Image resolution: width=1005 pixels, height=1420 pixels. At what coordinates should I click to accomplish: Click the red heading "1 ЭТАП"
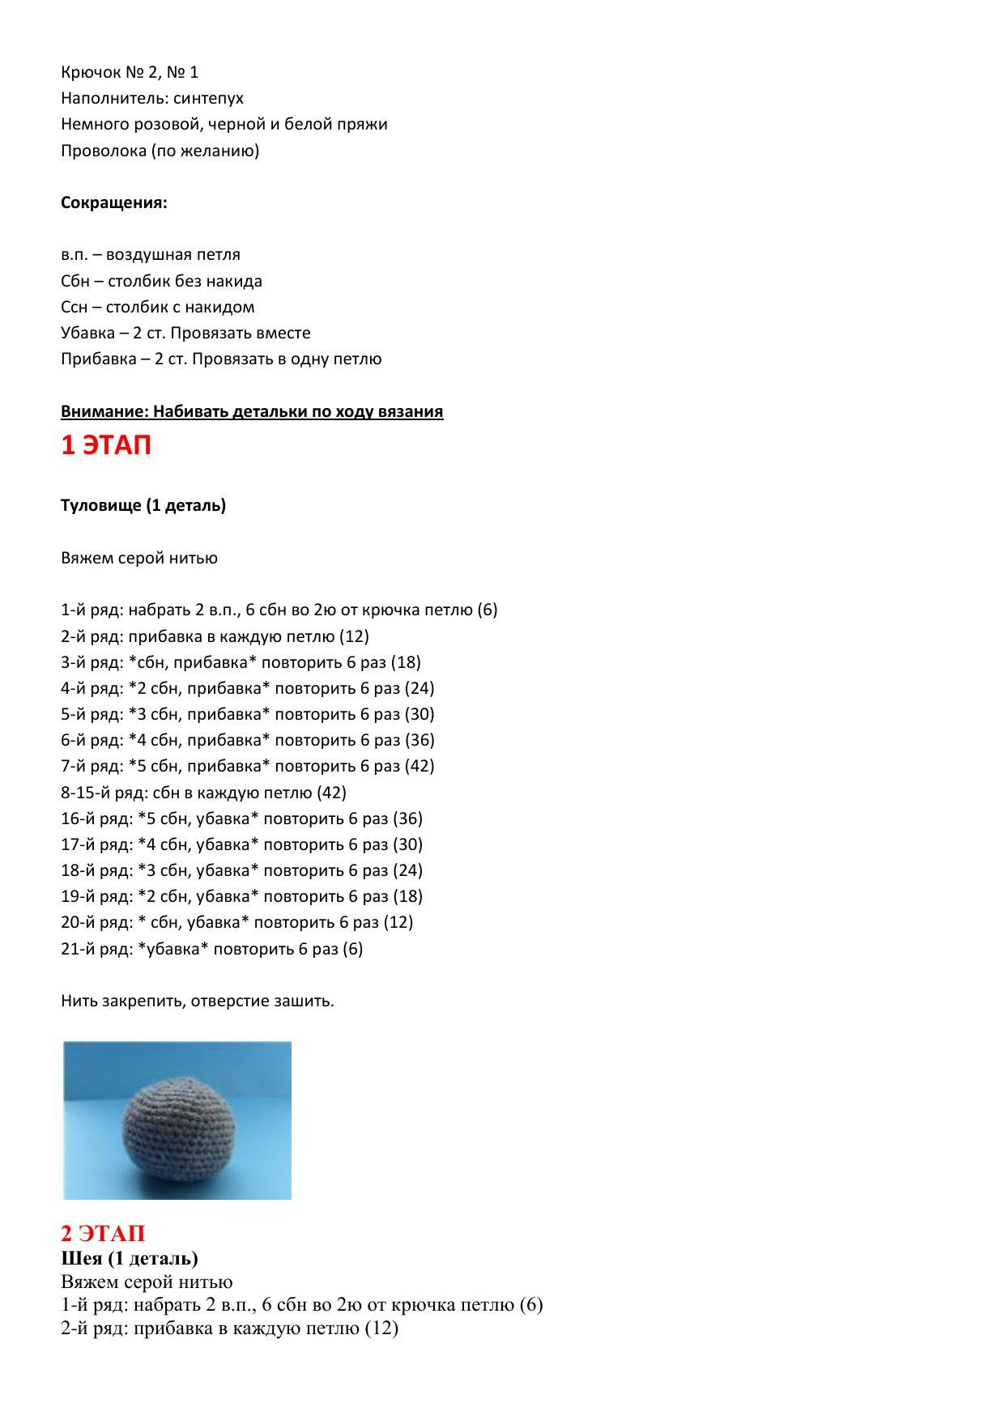[106, 445]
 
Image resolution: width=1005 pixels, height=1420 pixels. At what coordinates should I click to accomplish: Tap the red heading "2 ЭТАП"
[103, 1233]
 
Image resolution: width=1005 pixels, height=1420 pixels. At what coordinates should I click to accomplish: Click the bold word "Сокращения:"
[113, 202]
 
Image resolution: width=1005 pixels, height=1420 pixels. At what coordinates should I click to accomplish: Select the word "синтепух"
[208, 98]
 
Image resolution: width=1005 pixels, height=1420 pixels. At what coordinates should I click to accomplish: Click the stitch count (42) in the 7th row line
[419, 766]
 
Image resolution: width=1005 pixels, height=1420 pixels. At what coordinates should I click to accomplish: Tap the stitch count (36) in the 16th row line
[407, 818]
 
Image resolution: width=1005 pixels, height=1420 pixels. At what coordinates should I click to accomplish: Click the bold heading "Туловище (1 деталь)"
[143, 505]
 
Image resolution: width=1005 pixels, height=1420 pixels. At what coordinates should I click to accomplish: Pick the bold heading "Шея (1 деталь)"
[130, 1258]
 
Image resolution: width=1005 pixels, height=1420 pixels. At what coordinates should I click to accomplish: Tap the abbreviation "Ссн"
[74, 307]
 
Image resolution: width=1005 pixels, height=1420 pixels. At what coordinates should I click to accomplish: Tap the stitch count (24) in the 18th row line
[407, 870]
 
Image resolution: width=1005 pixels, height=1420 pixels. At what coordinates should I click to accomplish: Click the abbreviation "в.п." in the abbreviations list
[74, 255]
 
